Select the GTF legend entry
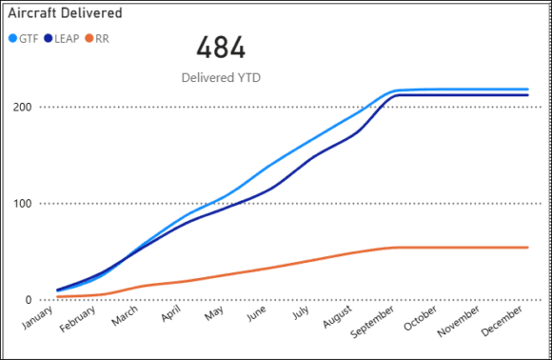[28, 38]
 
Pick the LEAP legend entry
[65, 38]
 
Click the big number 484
[221, 48]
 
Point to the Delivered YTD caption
[220, 76]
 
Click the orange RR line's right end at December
[527, 248]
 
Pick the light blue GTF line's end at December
[527, 90]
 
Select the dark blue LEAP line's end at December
[527, 95]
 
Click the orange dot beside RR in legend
[90, 38]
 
